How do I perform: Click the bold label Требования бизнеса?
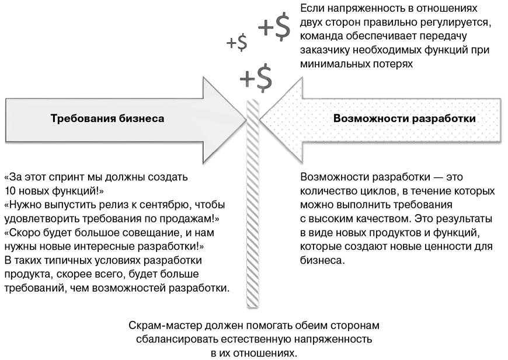[107, 118]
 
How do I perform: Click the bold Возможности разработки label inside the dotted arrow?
[404, 118]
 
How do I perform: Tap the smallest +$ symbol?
[236, 43]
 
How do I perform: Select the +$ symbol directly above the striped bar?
[256, 78]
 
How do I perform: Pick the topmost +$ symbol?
[274, 26]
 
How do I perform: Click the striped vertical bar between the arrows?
[253, 204]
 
